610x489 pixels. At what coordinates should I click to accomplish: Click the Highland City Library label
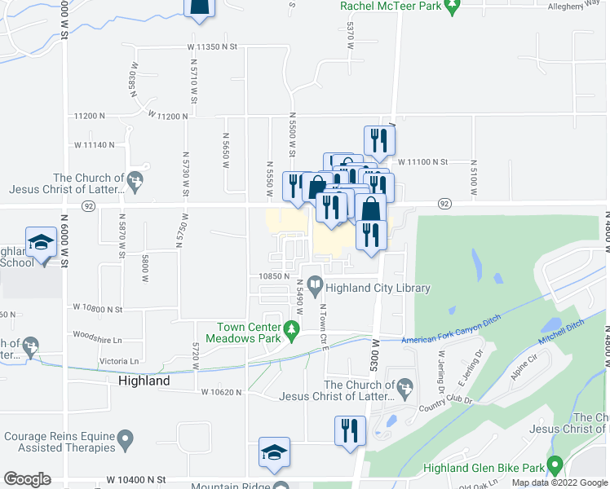[378, 288]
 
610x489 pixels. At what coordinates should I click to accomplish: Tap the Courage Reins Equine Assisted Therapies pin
[125, 441]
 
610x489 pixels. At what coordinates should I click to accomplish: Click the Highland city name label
[144, 381]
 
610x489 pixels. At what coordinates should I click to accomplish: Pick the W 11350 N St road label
[210, 48]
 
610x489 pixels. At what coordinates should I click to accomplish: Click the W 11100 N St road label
[422, 162]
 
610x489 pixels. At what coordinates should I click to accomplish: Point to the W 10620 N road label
[223, 392]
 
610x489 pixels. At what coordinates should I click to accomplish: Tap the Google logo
[26, 479]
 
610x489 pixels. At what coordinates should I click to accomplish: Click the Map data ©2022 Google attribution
[559, 482]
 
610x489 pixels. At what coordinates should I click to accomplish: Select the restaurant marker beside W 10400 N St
[349, 430]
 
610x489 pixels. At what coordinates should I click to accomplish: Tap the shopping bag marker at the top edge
[199, 7]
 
